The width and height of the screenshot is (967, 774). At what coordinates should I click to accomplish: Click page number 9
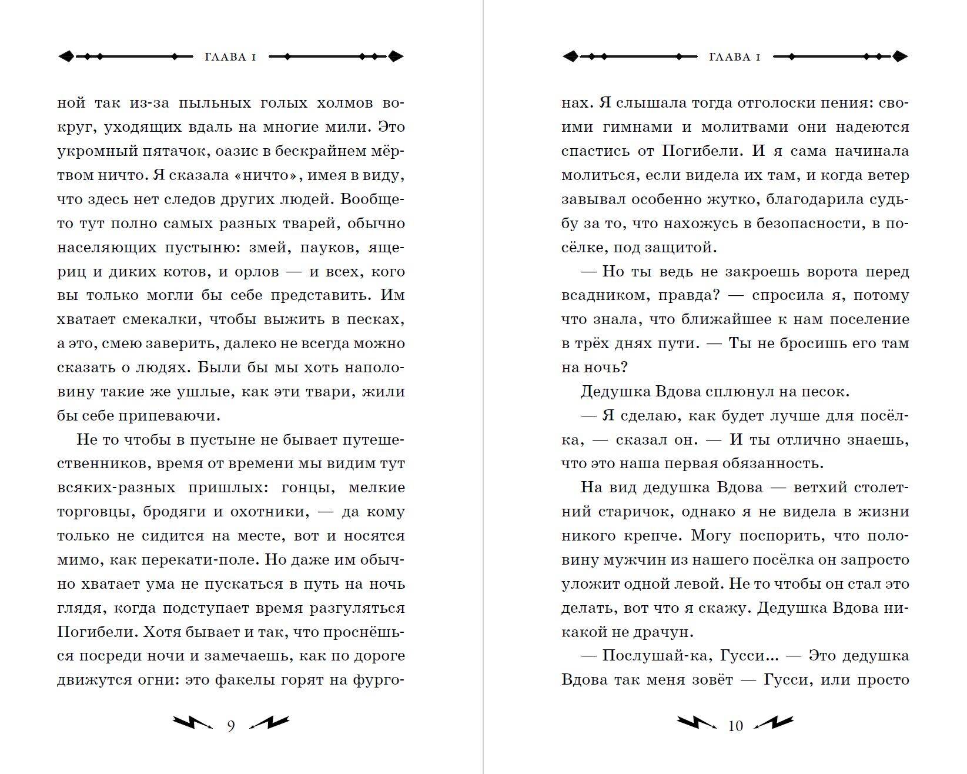click(x=231, y=726)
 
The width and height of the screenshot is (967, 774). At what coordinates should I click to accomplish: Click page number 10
click(x=735, y=726)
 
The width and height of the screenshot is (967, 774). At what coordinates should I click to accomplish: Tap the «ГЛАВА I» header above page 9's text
click(x=230, y=57)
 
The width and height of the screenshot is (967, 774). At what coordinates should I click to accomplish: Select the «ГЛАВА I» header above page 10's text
click(x=735, y=57)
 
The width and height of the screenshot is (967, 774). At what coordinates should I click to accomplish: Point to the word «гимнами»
click(x=638, y=128)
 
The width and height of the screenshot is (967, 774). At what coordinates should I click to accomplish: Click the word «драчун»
click(x=661, y=632)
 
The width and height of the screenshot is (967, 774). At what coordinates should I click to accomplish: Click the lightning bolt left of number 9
click(x=192, y=723)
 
